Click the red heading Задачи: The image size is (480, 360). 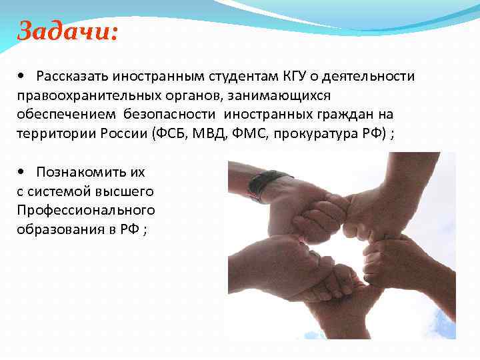[x=67, y=31]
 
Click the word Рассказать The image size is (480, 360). [x=74, y=76]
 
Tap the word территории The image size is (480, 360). [x=50, y=133]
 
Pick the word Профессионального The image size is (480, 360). [x=86, y=210]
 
